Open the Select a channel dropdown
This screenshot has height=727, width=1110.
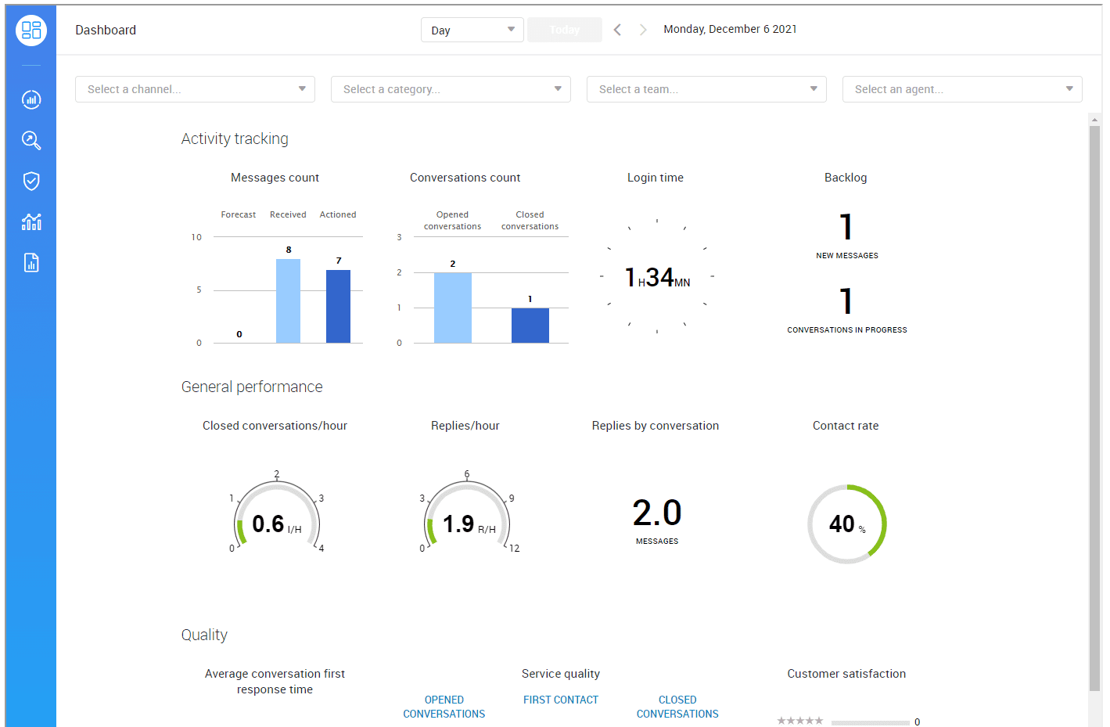tap(195, 89)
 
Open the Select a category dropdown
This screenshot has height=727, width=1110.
tap(451, 89)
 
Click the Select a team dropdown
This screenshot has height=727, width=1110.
tap(706, 89)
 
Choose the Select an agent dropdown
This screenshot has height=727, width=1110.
tap(962, 89)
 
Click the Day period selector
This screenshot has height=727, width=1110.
tap(472, 30)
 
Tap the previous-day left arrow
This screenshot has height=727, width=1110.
tap(617, 30)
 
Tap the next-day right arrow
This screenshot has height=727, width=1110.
tap(643, 30)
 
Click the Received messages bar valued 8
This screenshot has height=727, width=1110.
tap(288, 301)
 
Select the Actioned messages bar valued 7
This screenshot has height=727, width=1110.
tap(338, 306)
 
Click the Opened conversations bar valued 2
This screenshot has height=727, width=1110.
tap(452, 308)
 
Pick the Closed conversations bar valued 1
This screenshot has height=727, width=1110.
tap(530, 325)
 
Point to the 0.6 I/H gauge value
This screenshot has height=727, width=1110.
tap(268, 524)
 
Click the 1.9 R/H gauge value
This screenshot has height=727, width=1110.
tap(459, 524)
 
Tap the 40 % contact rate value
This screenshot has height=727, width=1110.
tap(842, 524)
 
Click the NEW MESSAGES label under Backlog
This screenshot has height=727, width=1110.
tap(846, 256)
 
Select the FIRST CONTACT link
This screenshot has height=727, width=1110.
tap(560, 700)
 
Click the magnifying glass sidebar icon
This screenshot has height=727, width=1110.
tap(31, 140)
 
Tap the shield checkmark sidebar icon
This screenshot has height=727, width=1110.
tap(31, 181)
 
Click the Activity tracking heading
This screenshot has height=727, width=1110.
tap(235, 139)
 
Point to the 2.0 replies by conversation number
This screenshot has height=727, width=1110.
tap(656, 513)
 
